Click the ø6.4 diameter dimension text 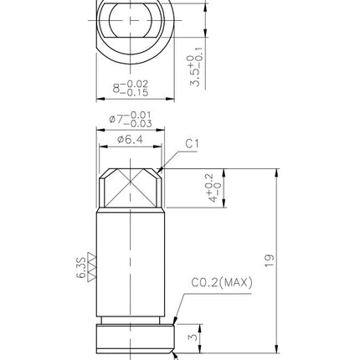(130, 139)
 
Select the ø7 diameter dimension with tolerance (131, 120)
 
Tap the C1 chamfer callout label (192, 144)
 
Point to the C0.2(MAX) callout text (222, 282)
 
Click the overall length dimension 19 (270, 260)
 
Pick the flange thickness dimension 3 (193, 337)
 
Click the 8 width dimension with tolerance (131, 88)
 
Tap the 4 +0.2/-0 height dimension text (213, 188)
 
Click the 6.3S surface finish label (81, 268)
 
